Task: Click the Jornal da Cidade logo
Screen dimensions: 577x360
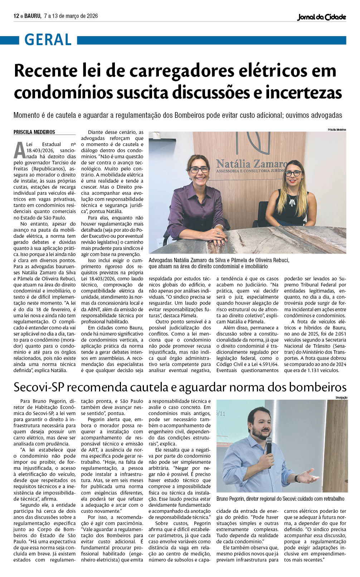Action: [x=321, y=17]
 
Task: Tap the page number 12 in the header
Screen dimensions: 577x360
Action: [x=16, y=16]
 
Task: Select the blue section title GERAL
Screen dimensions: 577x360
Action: [x=48, y=40]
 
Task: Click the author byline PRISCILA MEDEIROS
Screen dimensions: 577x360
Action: [x=34, y=132]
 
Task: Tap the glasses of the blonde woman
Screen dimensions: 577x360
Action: [x=293, y=173]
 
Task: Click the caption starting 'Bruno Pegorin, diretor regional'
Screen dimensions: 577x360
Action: [x=280, y=499]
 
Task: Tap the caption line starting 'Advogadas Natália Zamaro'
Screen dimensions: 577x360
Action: [x=219, y=260]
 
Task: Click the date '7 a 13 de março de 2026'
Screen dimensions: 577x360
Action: [x=70, y=16]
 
